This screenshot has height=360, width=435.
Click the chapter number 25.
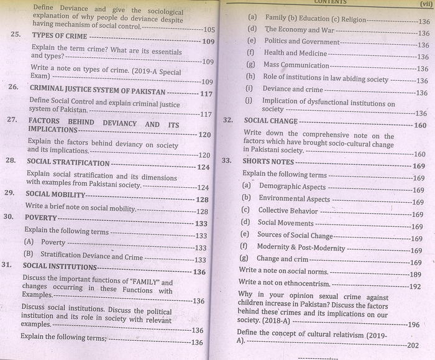17,35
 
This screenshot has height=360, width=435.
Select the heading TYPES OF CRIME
59,35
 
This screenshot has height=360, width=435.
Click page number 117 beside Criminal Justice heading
206,94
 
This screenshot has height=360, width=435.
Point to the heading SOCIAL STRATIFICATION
68,163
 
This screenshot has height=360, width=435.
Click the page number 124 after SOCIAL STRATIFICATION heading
203,167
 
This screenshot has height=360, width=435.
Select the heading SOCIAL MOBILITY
55,194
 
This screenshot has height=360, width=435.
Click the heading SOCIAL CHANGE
271,121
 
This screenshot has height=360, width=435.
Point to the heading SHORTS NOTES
268,162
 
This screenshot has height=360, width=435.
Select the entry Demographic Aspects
292,187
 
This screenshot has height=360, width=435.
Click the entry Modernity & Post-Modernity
301,248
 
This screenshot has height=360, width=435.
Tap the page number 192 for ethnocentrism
414,287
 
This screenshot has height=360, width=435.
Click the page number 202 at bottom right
413,345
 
